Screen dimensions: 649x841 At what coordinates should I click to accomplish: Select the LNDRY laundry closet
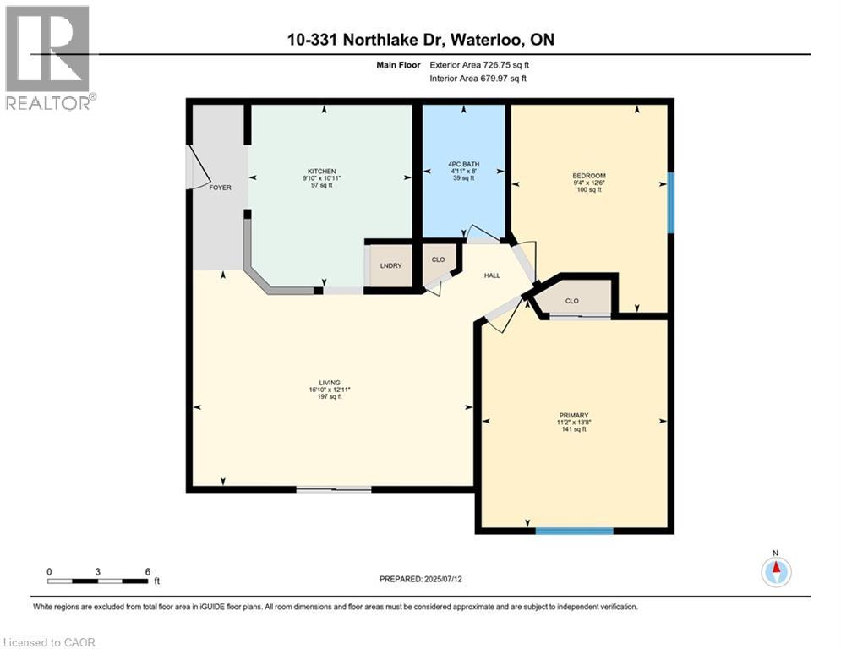pos(390,266)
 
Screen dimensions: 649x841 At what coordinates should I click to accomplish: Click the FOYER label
pos(220,188)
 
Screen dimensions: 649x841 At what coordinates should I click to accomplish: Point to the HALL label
pos(491,275)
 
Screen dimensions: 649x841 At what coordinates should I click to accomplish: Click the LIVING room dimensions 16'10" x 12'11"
pos(329,390)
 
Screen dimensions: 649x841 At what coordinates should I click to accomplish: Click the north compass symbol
pos(775,571)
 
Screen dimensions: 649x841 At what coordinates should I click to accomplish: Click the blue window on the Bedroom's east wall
pos(670,202)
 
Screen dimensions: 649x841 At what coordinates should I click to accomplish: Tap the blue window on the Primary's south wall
pos(574,531)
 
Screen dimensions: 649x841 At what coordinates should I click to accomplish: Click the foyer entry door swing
pos(199,166)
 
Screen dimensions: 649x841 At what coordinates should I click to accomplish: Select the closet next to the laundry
pos(438,260)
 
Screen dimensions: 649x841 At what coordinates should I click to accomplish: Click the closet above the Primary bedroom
pos(571,299)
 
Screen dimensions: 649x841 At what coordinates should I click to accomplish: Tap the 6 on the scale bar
pos(147,571)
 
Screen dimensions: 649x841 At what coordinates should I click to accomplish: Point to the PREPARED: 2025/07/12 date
pos(420,579)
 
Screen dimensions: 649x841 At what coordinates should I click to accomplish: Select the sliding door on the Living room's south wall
pos(333,488)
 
